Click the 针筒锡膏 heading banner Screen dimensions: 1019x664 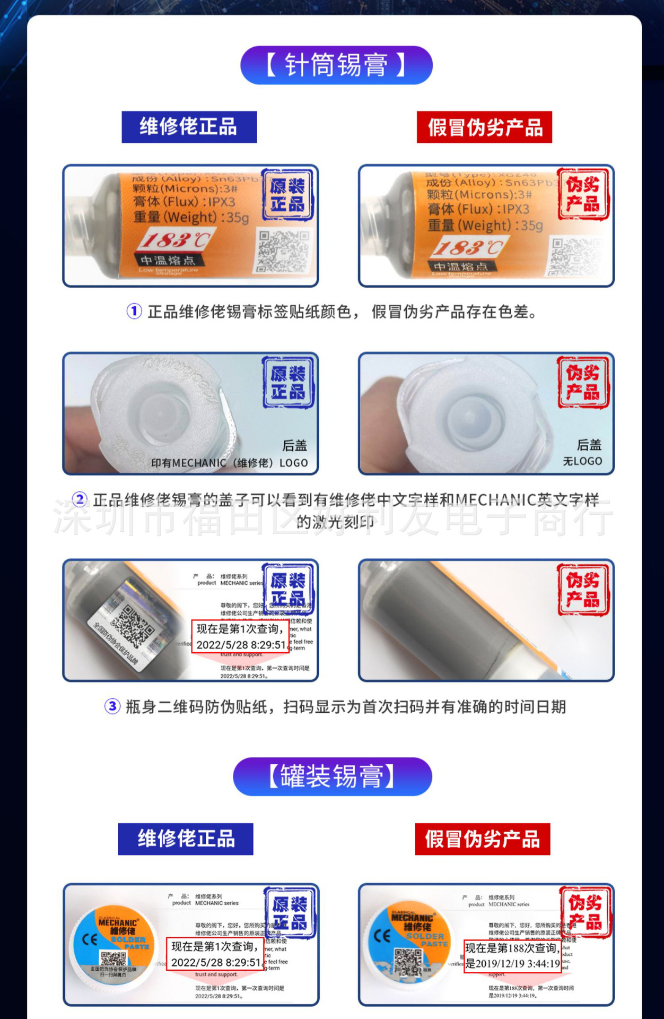coord(336,65)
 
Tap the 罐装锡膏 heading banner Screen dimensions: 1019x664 coord(333,776)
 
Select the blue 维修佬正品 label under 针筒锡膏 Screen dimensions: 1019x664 coord(189,127)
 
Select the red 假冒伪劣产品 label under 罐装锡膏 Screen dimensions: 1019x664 coord(482,839)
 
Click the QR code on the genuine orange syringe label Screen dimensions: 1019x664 coord(283,251)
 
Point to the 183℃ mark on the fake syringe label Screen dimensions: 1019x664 coord(468,247)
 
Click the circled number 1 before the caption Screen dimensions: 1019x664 coord(134,311)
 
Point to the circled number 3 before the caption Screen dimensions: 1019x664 coord(112,706)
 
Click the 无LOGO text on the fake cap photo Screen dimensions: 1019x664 coord(582,461)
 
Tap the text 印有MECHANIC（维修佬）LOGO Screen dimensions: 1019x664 coord(229,463)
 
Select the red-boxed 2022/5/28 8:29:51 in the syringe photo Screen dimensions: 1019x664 coord(241,645)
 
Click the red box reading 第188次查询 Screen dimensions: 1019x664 coord(512,956)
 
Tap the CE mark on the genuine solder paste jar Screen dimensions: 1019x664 coord(89,940)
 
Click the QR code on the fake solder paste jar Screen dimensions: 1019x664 coord(408,961)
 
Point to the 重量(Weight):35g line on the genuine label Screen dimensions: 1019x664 coord(191,217)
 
